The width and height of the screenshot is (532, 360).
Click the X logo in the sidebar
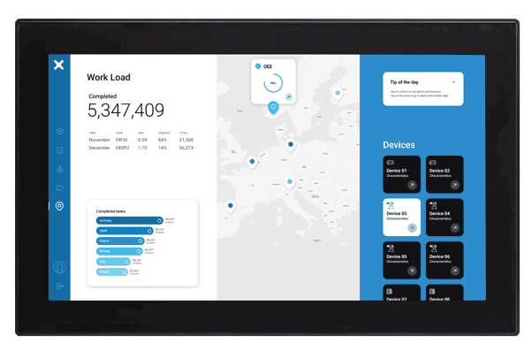coord(58,65)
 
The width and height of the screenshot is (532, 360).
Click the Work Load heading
coord(109,78)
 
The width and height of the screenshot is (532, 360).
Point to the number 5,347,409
coord(125,111)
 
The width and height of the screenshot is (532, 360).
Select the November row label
coord(99,140)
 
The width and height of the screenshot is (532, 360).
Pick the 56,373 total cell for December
coord(186,148)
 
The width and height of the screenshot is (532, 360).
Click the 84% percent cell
coord(163,140)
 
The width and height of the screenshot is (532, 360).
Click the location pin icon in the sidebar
coord(59,206)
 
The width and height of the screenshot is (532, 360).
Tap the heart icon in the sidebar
coord(59,188)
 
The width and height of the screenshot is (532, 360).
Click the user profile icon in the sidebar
coord(59,267)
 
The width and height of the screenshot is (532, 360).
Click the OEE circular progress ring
coord(273,83)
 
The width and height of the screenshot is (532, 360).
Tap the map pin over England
coord(252,162)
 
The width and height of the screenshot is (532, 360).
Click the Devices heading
coord(399,145)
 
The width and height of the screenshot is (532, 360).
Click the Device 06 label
coord(440,257)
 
